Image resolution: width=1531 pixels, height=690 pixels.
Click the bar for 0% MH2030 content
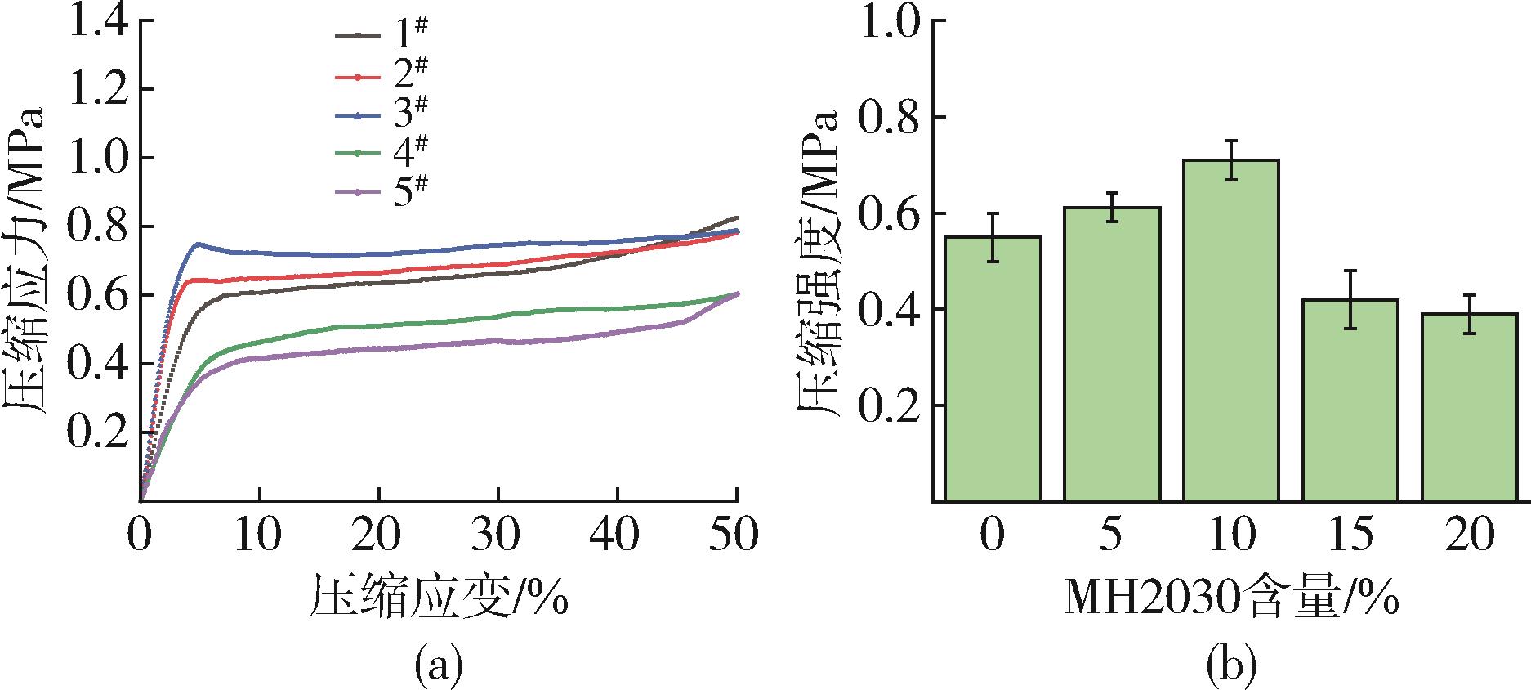993,369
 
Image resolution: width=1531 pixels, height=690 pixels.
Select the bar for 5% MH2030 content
1112,354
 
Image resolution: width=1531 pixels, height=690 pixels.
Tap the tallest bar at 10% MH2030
1231,330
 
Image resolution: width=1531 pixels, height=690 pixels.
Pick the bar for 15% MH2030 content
1350,400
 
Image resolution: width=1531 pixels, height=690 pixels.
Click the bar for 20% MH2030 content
1470,407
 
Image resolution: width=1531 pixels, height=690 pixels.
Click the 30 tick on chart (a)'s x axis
498,536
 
